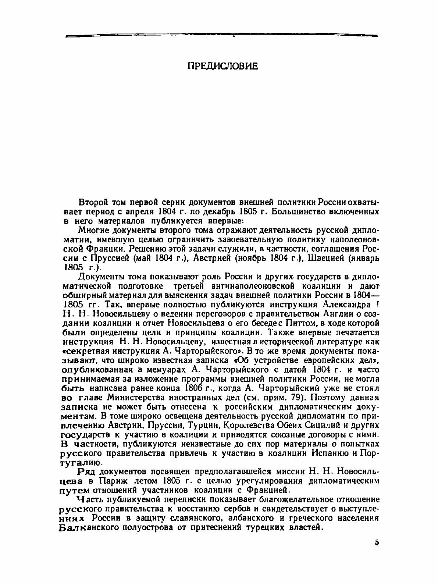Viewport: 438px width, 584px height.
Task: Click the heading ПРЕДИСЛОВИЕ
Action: pos(222,66)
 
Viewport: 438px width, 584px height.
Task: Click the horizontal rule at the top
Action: pos(221,36)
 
